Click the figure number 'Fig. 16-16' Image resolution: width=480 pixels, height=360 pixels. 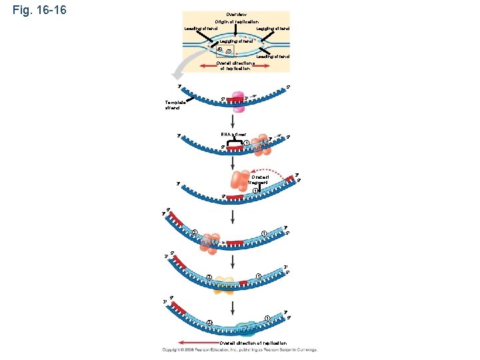(39, 11)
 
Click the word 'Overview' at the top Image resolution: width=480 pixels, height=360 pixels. (236, 15)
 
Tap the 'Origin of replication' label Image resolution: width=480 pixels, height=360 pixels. (236, 22)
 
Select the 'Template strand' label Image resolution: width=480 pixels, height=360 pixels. (176, 105)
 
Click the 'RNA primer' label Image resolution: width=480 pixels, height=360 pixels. (233, 135)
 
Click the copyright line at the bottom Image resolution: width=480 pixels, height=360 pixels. (239, 350)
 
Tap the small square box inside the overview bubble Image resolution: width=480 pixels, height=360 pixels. (220, 49)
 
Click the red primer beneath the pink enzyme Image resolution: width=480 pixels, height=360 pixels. (235, 100)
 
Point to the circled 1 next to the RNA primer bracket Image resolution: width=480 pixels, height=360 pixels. (247, 143)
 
